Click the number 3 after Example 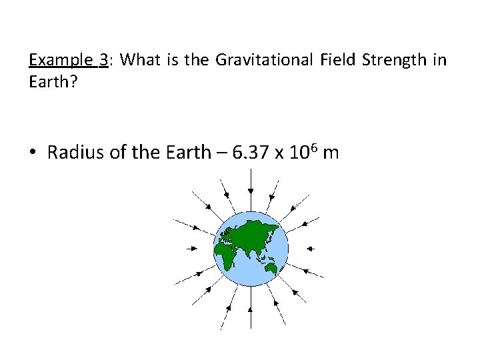coord(103,61)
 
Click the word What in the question coord(141,61)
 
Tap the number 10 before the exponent coord(298,153)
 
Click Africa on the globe coord(225,253)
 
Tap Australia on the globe coord(271,268)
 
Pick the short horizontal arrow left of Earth coord(192,248)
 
